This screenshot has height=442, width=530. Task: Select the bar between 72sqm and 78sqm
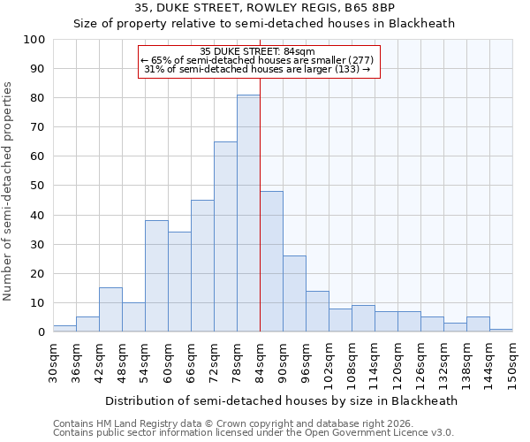click(225, 237)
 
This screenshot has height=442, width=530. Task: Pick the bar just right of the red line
click(271, 262)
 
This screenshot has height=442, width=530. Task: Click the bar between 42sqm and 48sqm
click(110, 309)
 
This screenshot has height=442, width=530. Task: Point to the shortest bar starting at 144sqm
click(501, 330)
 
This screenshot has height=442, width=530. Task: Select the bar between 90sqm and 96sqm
click(294, 293)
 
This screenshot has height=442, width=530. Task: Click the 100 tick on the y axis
click(34, 40)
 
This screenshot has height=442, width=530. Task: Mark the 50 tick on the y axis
click(37, 186)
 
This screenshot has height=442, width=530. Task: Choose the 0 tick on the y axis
click(41, 332)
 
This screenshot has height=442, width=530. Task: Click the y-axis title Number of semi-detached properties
click(9, 191)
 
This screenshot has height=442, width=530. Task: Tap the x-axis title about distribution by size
click(281, 400)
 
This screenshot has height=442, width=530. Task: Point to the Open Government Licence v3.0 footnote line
click(253, 432)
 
